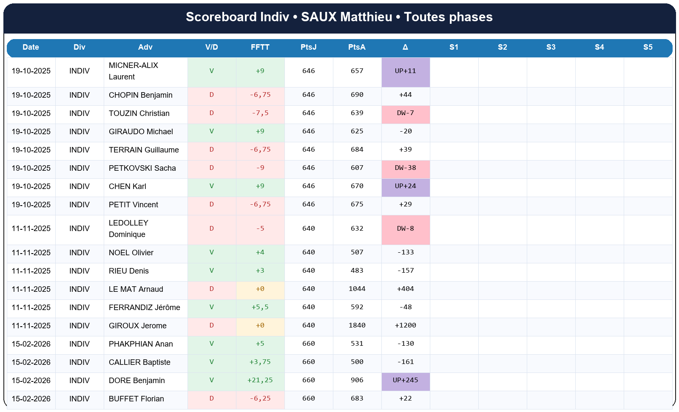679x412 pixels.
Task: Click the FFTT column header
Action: [x=260, y=47]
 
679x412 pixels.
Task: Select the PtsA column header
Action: [x=357, y=47]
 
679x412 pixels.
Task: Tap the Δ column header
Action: [x=405, y=47]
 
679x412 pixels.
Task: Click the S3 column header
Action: [x=551, y=47]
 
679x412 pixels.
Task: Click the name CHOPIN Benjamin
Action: [x=140, y=95]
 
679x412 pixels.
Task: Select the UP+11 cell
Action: [x=405, y=71]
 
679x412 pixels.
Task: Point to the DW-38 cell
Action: [x=405, y=168]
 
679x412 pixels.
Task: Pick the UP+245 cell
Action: [x=405, y=380]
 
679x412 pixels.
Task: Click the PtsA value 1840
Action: [x=357, y=325]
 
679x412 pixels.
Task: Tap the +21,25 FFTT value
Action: [x=260, y=380]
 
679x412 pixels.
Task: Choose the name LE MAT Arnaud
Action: [x=136, y=289]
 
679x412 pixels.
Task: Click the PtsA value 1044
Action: [x=357, y=289]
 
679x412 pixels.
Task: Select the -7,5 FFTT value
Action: [x=260, y=113]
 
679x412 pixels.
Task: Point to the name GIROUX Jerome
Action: [x=137, y=326]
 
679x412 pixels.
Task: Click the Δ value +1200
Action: [x=405, y=325]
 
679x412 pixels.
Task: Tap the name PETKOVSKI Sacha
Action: [x=142, y=168]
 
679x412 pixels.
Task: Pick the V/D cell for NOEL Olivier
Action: [x=211, y=252]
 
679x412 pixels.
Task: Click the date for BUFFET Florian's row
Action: [x=31, y=399]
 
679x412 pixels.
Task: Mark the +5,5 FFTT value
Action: [x=260, y=307]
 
